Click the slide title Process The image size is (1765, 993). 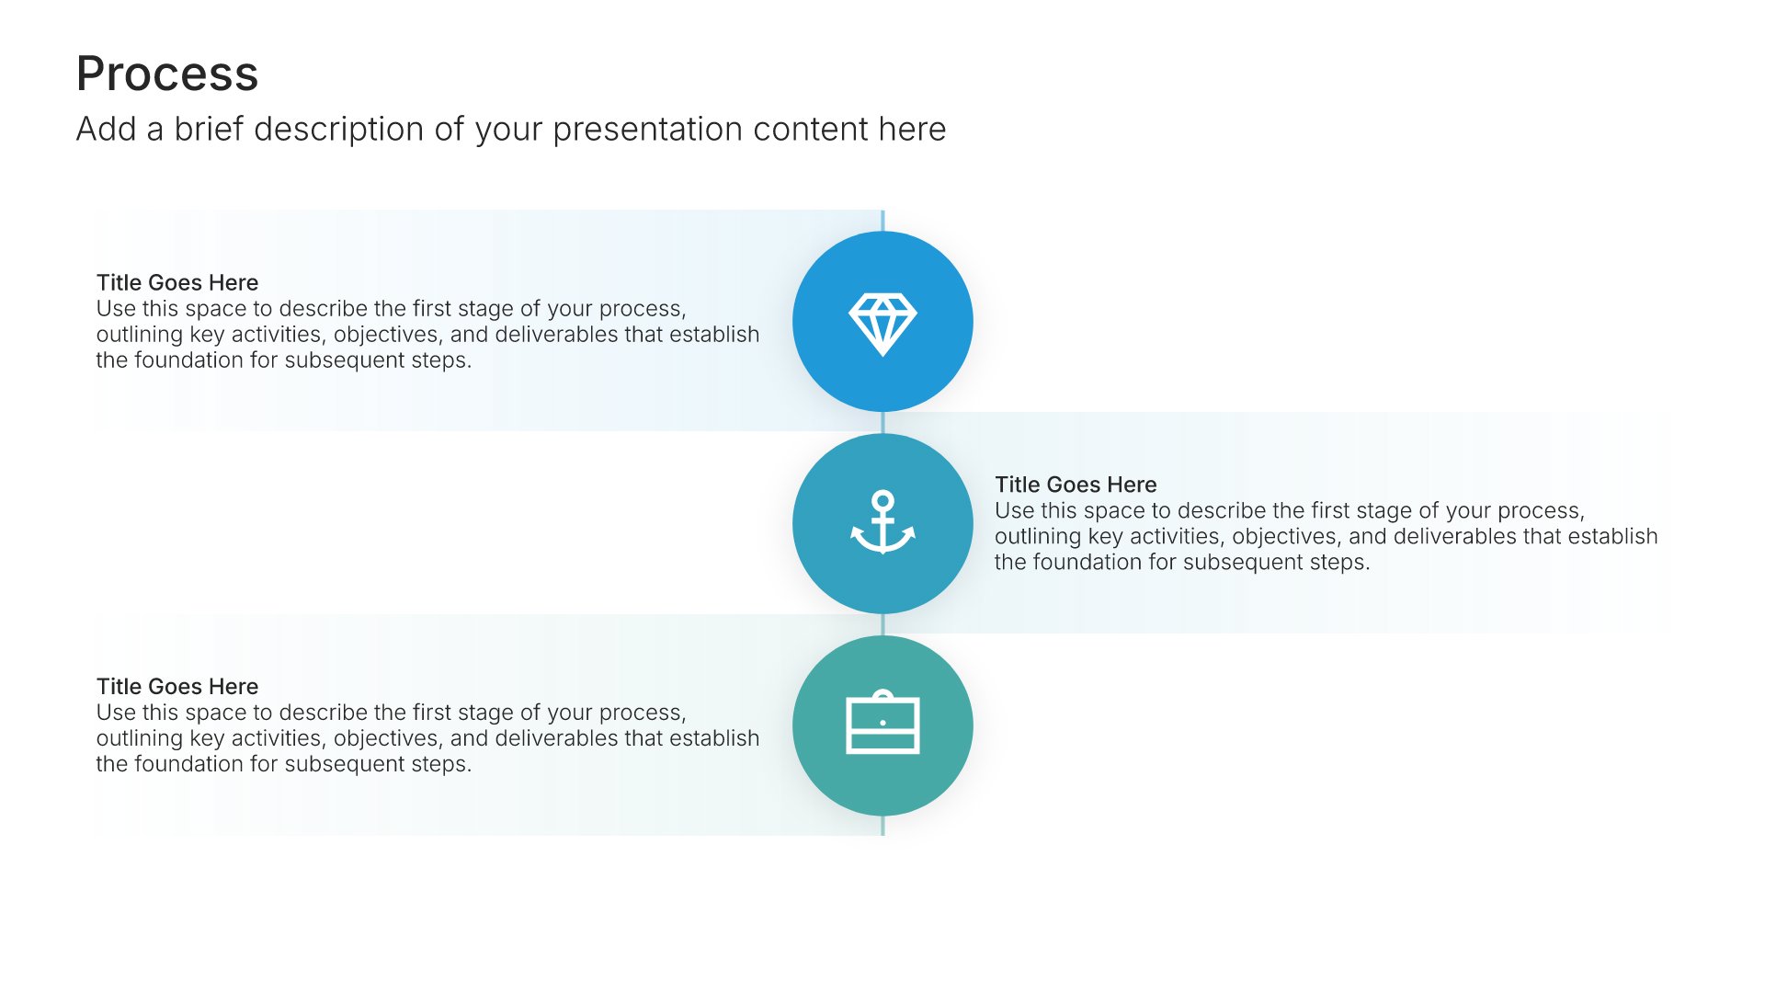tap(167, 74)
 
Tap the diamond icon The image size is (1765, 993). tap(882, 324)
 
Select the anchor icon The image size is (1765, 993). tap(882, 522)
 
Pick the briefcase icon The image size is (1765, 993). tap(882, 723)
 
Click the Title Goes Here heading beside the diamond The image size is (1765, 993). tap(177, 282)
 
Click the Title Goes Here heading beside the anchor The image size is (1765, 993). tap(1076, 485)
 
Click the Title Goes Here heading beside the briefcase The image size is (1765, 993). tap(177, 686)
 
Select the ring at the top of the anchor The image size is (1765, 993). tap(882, 501)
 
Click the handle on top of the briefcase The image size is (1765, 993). tap(882, 695)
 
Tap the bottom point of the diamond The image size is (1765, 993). tap(882, 355)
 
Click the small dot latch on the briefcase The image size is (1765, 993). tap(882, 723)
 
